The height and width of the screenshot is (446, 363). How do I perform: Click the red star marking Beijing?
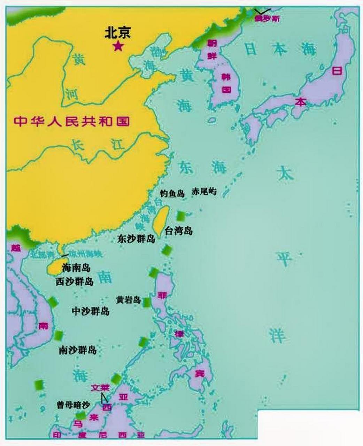(x=118, y=46)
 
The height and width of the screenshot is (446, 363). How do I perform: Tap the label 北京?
(x=118, y=33)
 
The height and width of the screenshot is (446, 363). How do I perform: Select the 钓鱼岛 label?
(x=172, y=194)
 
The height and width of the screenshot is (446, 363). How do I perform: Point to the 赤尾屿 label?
(x=204, y=191)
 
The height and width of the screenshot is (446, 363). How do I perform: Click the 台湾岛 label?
(x=179, y=231)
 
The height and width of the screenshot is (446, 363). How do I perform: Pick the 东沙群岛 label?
(x=136, y=239)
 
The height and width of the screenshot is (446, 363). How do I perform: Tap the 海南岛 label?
(x=76, y=268)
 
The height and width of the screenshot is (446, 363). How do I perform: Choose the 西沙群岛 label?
(x=75, y=282)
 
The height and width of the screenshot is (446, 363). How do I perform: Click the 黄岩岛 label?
(x=129, y=300)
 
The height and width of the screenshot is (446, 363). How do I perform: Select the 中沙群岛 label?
(x=91, y=311)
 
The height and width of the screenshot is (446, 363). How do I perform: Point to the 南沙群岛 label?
(x=77, y=350)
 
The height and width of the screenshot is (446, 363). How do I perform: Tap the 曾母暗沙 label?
(x=73, y=405)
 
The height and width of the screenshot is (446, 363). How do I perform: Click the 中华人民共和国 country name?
(x=72, y=121)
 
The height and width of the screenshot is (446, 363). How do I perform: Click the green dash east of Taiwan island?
(x=181, y=216)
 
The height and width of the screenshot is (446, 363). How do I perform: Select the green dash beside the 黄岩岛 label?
(x=147, y=302)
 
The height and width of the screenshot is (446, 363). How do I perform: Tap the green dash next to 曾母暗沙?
(x=81, y=415)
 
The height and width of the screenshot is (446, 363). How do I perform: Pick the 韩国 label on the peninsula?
(x=226, y=83)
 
